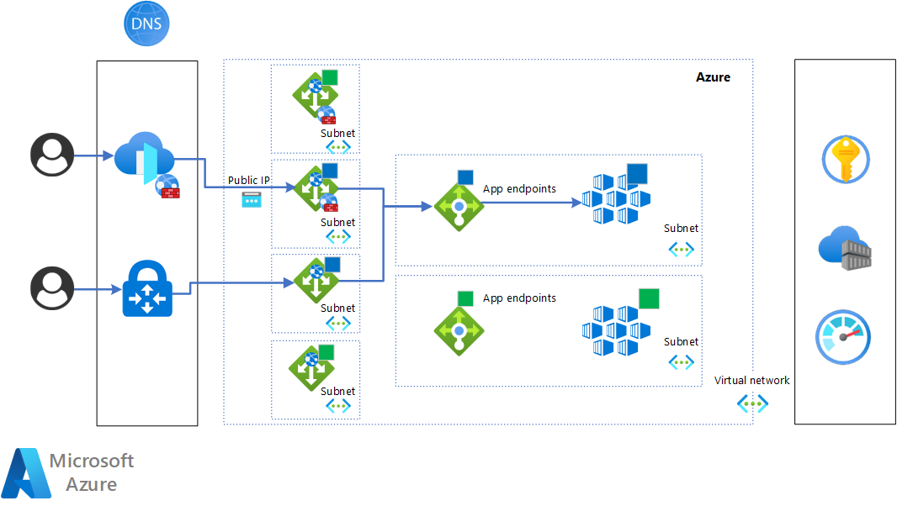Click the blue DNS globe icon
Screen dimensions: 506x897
pos(146,24)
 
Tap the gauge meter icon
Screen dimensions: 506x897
pos(843,337)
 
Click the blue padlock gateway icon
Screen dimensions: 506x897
pos(147,288)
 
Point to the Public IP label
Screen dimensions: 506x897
pos(249,181)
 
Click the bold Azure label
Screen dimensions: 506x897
pos(713,77)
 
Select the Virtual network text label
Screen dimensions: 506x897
pos(752,381)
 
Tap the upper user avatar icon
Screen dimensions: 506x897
pos(52,155)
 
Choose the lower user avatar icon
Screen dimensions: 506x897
pos(52,288)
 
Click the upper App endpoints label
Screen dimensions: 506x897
pos(519,189)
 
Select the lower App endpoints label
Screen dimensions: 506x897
pos(519,298)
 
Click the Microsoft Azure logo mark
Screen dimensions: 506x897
pos(24,474)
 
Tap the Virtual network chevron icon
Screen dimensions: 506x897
pos(752,403)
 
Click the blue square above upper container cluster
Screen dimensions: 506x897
pos(637,174)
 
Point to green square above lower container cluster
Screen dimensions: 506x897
pos(649,298)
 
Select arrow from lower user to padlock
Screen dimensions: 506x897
pos(94,290)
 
